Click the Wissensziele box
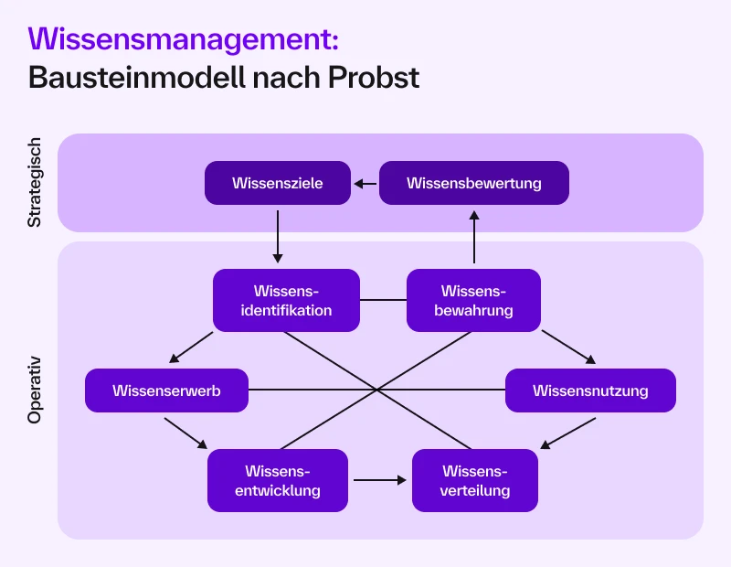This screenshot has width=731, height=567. [x=278, y=183]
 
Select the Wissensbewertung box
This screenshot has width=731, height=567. [x=473, y=183]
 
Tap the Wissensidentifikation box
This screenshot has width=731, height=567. [x=286, y=300]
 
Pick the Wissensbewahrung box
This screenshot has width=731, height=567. [x=473, y=300]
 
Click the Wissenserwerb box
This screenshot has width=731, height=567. [x=166, y=390]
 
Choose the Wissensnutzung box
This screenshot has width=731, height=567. [x=590, y=390]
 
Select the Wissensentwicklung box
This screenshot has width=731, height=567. [x=278, y=480]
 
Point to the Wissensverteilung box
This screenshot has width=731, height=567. [x=475, y=480]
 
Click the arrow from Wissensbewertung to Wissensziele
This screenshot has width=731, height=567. [x=365, y=183]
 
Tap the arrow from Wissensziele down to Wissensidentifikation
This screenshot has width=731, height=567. [x=278, y=236]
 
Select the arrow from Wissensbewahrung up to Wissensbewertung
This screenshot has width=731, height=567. [x=474, y=236]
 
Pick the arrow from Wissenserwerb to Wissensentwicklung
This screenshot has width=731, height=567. [x=186, y=433]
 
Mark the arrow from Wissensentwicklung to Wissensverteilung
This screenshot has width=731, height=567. [x=380, y=479]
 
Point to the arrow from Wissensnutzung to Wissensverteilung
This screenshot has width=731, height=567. [x=567, y=433]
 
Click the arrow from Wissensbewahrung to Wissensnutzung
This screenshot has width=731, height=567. [x=568, y=347]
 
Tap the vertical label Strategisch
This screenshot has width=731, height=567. [x=35, y=183]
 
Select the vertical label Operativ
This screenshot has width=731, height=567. [x=35, y=390]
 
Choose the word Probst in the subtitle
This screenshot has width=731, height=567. [x=376, y=77]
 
